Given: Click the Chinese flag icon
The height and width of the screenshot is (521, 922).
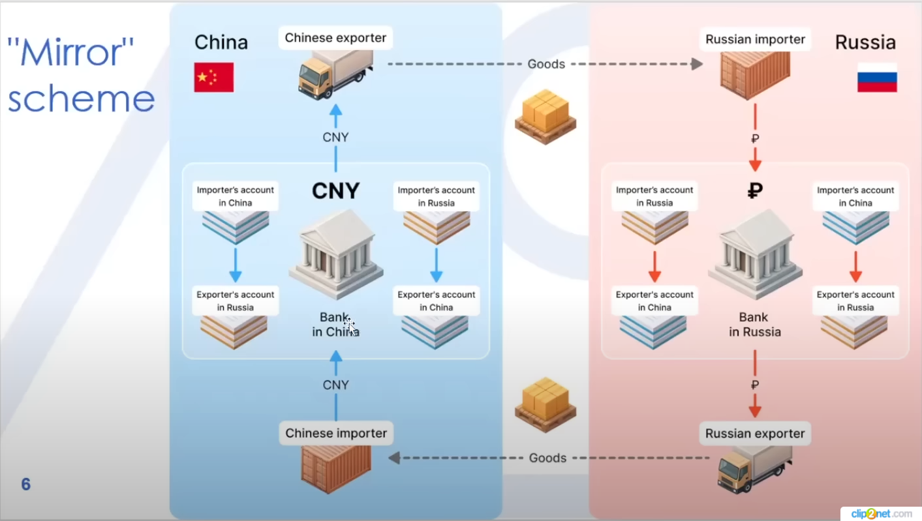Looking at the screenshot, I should (214, 77).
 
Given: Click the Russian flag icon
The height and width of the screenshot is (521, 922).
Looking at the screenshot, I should (877, 78).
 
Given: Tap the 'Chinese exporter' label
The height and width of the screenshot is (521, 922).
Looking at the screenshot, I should (335, 38).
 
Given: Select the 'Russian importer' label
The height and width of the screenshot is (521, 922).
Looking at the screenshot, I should (755, 39).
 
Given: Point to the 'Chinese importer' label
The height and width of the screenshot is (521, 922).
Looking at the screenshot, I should (336, 433).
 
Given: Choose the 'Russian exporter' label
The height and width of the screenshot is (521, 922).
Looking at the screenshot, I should (755, 434).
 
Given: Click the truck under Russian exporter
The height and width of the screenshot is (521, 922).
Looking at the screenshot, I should (754, 469).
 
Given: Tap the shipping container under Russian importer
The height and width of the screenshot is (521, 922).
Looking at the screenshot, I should (755, 75).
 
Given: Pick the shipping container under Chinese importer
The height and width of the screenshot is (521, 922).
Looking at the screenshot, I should (336, 468).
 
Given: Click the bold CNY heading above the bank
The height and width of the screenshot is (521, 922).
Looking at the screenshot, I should (335, 190).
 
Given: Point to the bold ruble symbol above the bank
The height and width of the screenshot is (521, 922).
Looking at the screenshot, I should (755, 190).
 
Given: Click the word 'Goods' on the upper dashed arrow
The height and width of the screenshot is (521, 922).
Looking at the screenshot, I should (546, 64).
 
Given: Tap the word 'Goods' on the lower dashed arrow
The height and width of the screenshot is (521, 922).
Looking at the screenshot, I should (548, 458).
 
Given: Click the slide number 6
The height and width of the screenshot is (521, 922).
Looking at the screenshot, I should (26, 484).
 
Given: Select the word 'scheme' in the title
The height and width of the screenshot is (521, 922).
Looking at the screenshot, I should (81, 99).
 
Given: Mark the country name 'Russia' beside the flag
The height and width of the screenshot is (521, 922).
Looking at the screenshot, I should (865, 43).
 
